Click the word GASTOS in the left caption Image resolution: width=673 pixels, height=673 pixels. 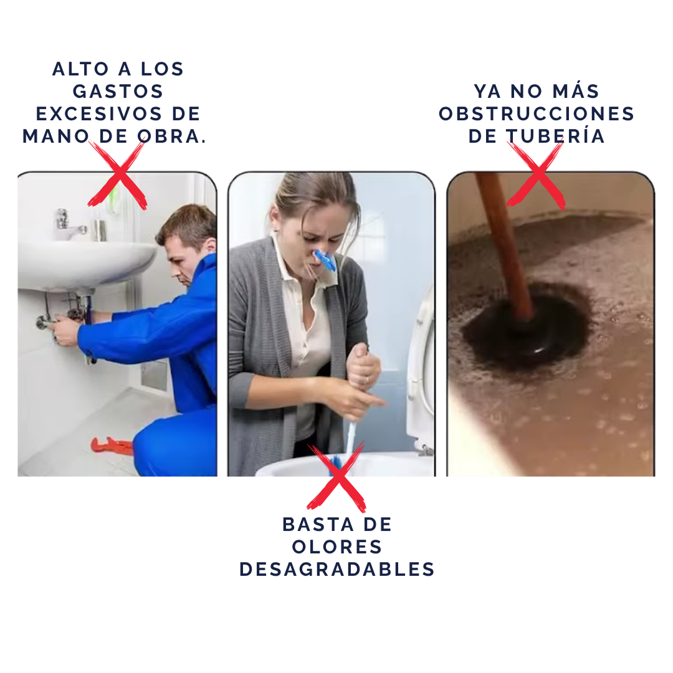(118, 92)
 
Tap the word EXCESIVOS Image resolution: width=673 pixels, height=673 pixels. (99, 114)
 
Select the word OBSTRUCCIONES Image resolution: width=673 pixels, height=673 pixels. (537, 114)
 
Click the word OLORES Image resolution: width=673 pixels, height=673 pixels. (337, 547)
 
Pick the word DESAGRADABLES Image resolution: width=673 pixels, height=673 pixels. (337, 569)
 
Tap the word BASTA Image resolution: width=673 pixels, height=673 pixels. (318, 525)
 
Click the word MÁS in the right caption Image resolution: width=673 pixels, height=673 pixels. (576, 90)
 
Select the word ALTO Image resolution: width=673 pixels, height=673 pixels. (80, 69)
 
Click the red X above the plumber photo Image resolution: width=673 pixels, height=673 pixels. (118, 175)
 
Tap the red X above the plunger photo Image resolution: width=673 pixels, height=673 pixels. (536, 175)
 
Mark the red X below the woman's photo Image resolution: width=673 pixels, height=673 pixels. (336, 477)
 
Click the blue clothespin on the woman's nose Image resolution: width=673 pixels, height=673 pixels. (325, 259)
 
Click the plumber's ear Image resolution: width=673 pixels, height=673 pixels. (211, 246)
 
